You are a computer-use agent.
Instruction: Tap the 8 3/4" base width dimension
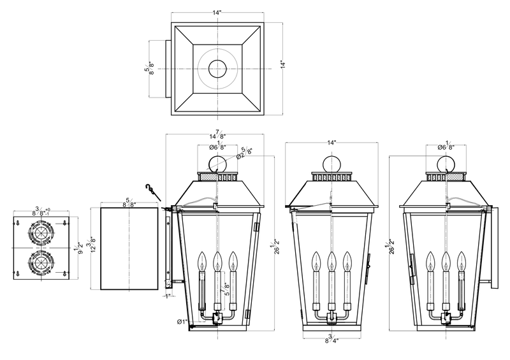pos(330,342)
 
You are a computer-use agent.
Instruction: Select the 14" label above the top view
pos(217,12)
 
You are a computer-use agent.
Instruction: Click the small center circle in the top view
pos(217,68)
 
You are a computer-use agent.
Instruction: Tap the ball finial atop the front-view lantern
pos(330,163)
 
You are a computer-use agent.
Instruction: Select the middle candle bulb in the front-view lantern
pos(331,261)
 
